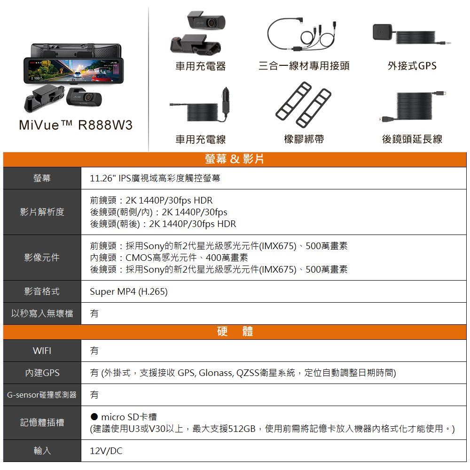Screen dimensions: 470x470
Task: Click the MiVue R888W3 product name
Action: coord(76,125)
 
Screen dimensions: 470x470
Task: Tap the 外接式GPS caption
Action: coord(412,66)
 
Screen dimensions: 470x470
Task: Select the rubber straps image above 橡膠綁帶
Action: coord(303,105)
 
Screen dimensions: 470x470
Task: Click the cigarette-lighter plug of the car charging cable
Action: coord(226,101)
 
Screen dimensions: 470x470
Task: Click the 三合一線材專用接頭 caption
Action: coord(304,66)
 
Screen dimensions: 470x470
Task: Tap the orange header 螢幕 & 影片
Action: coord(235,159)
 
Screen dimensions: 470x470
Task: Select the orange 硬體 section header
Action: coord(235,331)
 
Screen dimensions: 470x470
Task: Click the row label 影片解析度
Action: coord(42,212)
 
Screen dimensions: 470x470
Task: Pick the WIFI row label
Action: coord(42,351)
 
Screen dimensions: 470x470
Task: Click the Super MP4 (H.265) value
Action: coord(129,292)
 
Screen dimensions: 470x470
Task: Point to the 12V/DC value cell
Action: coord(106,451)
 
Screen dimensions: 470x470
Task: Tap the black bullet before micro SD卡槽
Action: coord(94,416)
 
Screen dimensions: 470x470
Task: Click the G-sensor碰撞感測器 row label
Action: coord(42,395)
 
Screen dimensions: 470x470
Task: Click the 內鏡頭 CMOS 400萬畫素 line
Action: coord(169,258)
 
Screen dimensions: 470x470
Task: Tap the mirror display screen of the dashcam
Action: coord(74,70)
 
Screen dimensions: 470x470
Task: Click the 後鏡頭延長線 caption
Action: coord(412,139)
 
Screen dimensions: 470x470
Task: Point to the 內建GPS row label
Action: coord(42,373)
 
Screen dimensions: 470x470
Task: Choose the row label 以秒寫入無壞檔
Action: coord(42,313)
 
